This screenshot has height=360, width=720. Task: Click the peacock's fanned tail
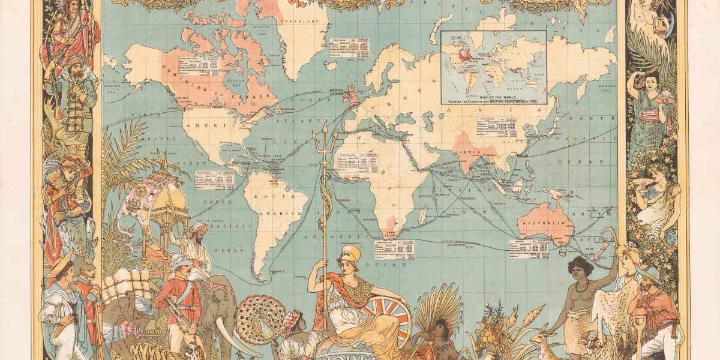[x=259, y=316]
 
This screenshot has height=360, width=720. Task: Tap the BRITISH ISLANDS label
[x=340, y=92]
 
